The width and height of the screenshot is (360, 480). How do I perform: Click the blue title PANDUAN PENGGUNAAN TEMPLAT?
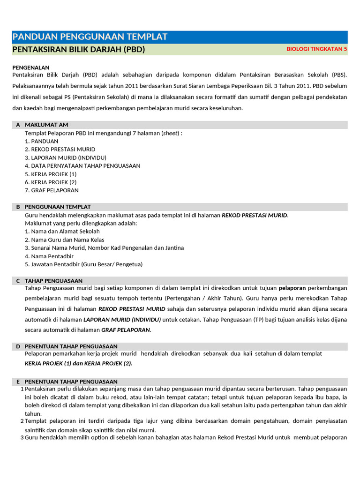[90, 37]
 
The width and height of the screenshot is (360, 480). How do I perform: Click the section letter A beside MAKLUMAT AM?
[18, 125]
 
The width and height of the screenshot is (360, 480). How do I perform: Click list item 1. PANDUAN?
[42, 141]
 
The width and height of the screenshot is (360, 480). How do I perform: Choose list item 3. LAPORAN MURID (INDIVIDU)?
[66, 157]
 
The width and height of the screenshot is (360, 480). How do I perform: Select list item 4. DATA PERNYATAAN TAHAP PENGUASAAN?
[82, 165]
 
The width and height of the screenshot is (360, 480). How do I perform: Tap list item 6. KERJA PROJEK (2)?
[51, 182]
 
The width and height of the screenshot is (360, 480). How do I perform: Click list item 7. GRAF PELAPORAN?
[52, 190]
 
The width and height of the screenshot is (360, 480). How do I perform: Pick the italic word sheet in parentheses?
[171, 133]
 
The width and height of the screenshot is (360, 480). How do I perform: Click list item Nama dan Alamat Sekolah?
[62, 231]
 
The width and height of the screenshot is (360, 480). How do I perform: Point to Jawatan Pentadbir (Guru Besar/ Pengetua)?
[83, 264]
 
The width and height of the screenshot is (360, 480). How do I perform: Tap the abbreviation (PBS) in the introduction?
[337, 75]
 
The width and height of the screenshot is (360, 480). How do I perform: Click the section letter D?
[18, 346]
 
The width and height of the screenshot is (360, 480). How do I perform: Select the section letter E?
[18, 382]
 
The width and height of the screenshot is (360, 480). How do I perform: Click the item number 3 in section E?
[22, 437]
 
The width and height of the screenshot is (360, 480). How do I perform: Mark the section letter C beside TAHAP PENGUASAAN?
[18, 281]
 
